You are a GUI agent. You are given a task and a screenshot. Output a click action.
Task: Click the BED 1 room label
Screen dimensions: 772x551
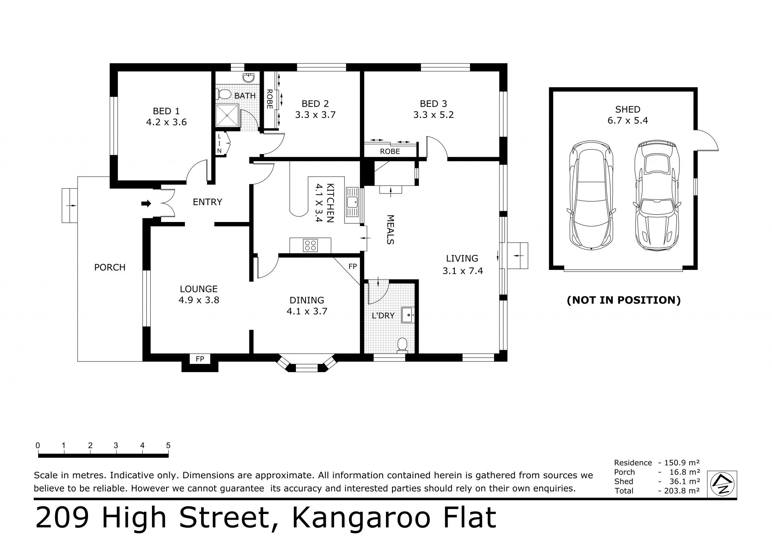166,111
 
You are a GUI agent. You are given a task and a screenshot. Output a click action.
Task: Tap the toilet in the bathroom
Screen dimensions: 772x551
224,95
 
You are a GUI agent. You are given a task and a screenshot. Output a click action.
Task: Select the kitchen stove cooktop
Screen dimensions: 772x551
310,245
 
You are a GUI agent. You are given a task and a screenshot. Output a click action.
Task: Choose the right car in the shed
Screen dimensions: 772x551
656,195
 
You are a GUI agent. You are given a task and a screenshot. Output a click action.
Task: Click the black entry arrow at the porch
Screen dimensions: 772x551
146,204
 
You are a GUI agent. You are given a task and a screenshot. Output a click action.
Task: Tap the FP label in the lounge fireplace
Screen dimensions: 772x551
200,359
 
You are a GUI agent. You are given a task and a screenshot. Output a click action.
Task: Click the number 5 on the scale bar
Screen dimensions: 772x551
168,445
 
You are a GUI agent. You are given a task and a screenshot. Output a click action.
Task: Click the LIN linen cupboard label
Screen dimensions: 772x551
220,144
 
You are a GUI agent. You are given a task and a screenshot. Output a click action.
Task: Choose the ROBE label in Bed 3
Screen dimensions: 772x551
390,151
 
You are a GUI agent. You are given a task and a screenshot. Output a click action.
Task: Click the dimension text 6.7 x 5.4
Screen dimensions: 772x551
628,120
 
